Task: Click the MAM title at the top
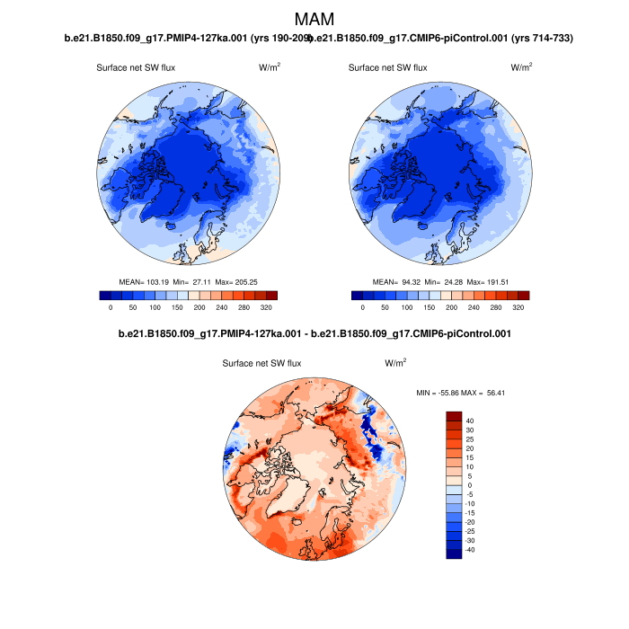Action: pyautogui.click(x=314, y=18)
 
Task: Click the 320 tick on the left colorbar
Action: pyautogui.click(x=266, y=307)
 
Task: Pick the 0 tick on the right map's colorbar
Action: pyautogui.click(x=363, y=307)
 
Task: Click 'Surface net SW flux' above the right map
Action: pyautogui.click(x=387, y=67)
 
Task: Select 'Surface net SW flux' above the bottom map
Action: pyautogui.click(x=261, y=363)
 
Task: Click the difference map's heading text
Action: pyautogui.click(x=314, y=334)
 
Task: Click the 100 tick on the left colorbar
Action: pyautogui.click(x=155, y=307)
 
